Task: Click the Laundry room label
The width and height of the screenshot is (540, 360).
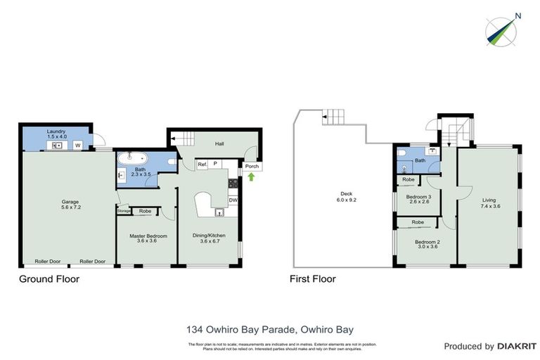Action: tap(56, 133)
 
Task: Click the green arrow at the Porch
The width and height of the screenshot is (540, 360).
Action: tap(252, 176)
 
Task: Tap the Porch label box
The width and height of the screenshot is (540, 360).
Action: tap(252, 167)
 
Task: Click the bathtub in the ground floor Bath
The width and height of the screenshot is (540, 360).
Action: tap(131, 158)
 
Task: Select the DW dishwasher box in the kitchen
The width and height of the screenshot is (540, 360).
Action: tap(233, 200)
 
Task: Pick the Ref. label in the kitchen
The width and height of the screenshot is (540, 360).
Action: tap(202, 165)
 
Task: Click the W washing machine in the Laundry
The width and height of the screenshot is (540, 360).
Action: tap(77, 146)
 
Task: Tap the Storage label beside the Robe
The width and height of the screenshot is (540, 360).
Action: tap(124, 211)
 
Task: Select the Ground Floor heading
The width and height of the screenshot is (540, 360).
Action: tap(49, 279)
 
